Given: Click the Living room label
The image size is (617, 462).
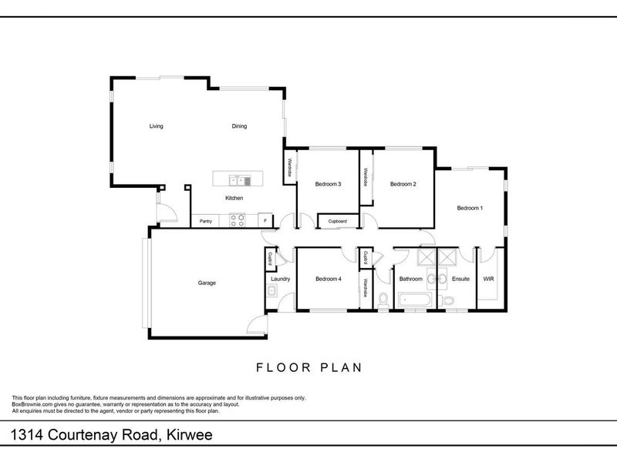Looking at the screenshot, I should (x=156, y=126).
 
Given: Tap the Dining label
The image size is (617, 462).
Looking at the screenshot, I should (x=239, y=126).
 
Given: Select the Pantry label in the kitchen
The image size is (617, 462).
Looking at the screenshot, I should (x=206, y=222).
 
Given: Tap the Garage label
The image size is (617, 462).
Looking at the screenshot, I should (x=207, y=283).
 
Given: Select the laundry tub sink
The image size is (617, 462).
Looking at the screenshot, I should (x=273, y=292).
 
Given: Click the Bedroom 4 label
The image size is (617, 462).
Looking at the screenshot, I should (x=328, y=279).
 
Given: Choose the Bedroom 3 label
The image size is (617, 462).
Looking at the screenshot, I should (x=328, y=184).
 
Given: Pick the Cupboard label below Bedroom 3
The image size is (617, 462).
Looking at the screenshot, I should (x=337, y=222).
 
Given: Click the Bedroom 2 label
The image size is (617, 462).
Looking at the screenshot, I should (x=403, y=184).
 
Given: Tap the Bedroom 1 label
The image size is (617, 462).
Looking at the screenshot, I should (x=470, y=208).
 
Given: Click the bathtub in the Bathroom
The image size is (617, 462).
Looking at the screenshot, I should (x=412, y=300).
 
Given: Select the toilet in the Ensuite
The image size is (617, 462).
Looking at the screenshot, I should (x=449, y=300).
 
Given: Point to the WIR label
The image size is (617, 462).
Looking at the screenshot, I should (x=488, y=279).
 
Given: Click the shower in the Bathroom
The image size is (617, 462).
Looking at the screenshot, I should (x=425, y=257).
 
